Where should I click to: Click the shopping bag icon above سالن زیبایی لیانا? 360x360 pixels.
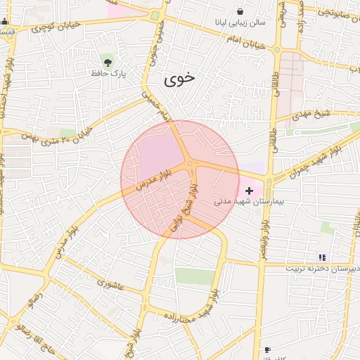pyautogui.click(x=240, y=12)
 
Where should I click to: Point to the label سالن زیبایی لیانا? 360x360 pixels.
pyautogui.click(x=241, y=22)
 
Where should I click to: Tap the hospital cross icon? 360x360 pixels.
pyautogui.click(x=249, y=191)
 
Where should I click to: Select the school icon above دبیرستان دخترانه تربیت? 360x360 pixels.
pyautogui.click(x=322, y=257)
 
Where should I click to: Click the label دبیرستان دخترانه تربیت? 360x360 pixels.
pyautogui.click(x=323, y=269)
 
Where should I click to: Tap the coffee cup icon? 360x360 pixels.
pyautogui.click(x=267, y=349)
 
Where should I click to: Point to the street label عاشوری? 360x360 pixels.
pyautogui.click(x=111, y=285)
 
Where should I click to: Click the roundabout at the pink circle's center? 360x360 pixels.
pyautogui.click(x=191, y=166)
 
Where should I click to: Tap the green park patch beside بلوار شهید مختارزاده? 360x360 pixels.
pyautogui.click(x=195, y=276)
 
